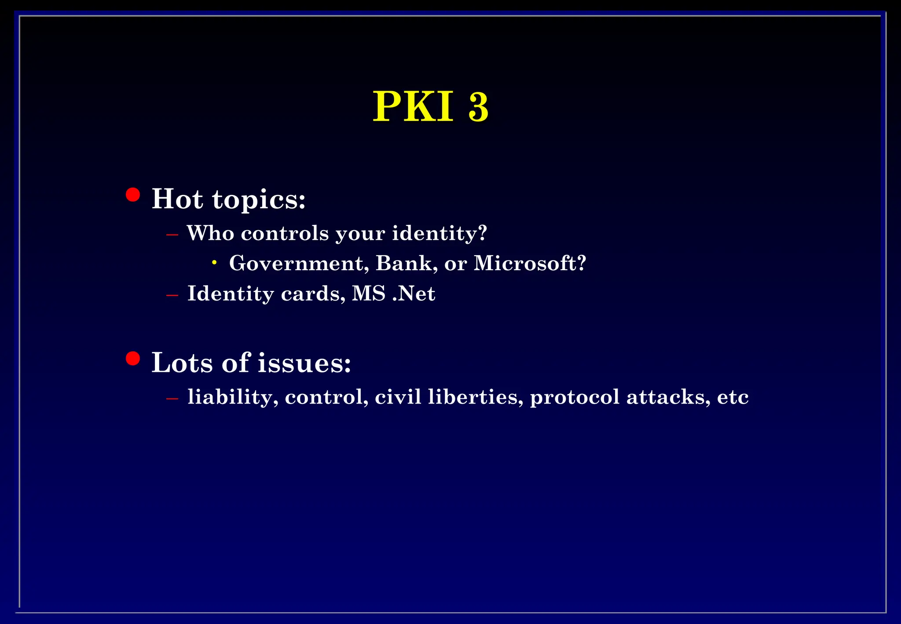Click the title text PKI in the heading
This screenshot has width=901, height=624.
(x=413, y=106)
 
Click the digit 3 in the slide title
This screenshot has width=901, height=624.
(x=478, y=107)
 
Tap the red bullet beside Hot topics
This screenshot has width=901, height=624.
(x=132, y=195)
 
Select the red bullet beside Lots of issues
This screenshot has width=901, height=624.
(x=132, y=358)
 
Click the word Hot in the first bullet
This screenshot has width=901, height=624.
(x=177, y=199)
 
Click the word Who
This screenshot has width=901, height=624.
(x=210, y=233)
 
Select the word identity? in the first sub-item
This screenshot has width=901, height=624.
(x=439, y=234)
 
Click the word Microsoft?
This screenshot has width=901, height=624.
(x=530, y=263)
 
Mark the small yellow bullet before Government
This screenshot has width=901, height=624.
(x=214, y=263)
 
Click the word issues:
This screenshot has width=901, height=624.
(x=304, y=363)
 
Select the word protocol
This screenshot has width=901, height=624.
(x=575, y=397)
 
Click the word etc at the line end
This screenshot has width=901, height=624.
(x=733, y=397)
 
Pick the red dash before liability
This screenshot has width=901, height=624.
(x=172, y=398)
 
